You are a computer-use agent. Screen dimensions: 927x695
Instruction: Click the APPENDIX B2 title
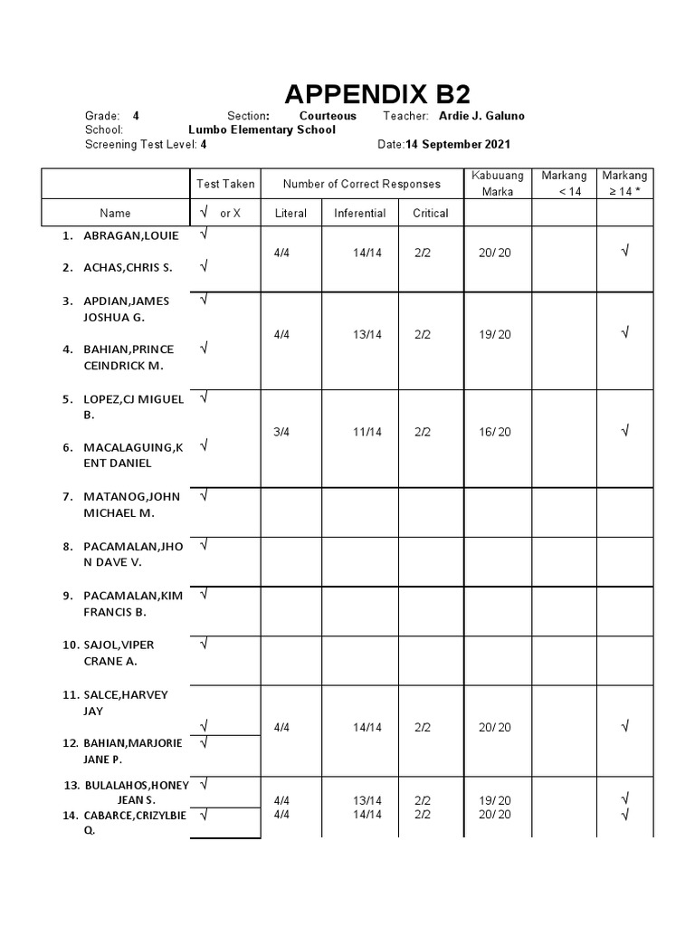pos(377,94)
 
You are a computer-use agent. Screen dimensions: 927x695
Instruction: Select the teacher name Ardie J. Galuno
pos(481,116)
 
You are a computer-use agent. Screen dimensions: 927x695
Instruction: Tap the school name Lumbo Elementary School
pos(262,129)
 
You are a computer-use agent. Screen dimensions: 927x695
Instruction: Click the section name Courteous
pos(328,116)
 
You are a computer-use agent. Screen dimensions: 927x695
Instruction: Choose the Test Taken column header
pos(225,184)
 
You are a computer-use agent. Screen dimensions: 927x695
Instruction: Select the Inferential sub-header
pos(359,214)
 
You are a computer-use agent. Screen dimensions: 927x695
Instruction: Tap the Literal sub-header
pos(290,214)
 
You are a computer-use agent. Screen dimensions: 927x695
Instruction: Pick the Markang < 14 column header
pos(564,183)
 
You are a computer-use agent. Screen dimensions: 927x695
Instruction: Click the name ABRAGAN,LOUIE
pos(131,235)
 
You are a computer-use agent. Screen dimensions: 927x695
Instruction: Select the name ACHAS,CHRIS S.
pos(128,267)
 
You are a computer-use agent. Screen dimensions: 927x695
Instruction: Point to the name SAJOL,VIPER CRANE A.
pos(120,653)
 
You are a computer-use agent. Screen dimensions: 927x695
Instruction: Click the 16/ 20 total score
pos(495,432)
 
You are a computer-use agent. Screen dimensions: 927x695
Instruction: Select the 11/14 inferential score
pos(367,432)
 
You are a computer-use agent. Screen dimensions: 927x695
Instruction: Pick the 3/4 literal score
pos(281,432)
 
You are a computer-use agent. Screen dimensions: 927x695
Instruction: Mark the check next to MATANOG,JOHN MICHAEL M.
pos(205,495)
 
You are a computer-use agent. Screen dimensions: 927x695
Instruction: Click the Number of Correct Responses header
pos(361,184)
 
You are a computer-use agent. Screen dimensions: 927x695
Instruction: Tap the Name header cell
pos(115,214)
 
